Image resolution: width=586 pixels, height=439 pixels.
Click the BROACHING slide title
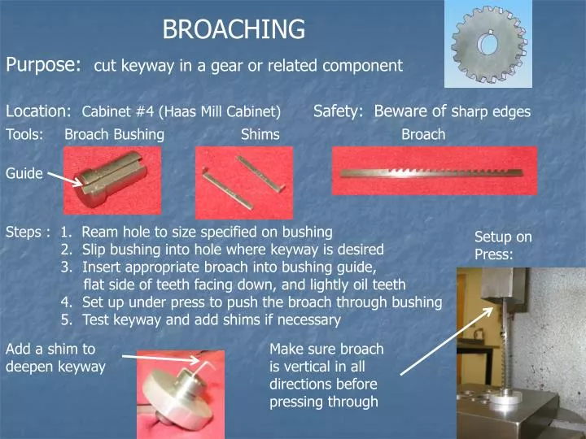234,30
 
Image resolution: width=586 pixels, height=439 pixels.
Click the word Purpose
43,64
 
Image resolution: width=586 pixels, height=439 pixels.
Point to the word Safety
338,111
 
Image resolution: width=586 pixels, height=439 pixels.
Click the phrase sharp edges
491,112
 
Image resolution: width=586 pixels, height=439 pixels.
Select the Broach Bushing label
114,135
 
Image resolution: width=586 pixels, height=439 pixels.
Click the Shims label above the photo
260,135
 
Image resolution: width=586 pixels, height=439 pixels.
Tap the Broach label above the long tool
423,135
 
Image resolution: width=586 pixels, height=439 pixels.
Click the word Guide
24,173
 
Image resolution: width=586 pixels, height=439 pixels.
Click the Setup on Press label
503,245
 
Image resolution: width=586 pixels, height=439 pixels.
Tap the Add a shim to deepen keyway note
55,358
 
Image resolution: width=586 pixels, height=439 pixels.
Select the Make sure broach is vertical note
326,375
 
